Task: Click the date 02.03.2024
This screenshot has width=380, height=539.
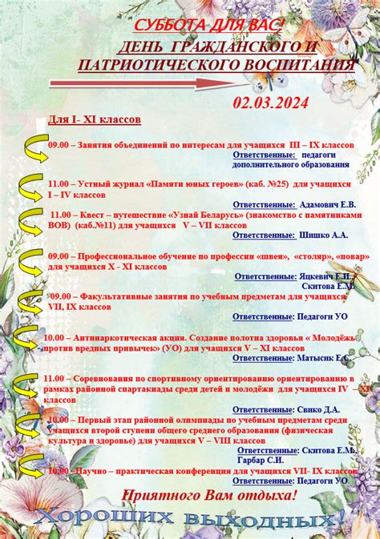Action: pyautogui.click(x=270, y=103)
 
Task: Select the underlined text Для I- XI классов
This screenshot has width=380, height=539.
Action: pyautogui.click(x=94, y=119)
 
